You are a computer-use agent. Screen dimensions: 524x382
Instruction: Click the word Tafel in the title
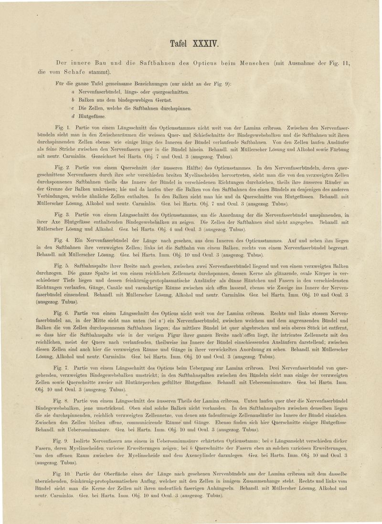(180, 44)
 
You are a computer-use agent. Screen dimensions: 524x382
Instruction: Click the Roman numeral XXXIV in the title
(205, 44)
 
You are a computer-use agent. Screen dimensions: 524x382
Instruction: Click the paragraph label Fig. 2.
(63, 168)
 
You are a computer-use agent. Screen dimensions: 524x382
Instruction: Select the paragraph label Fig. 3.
(63, 215)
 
